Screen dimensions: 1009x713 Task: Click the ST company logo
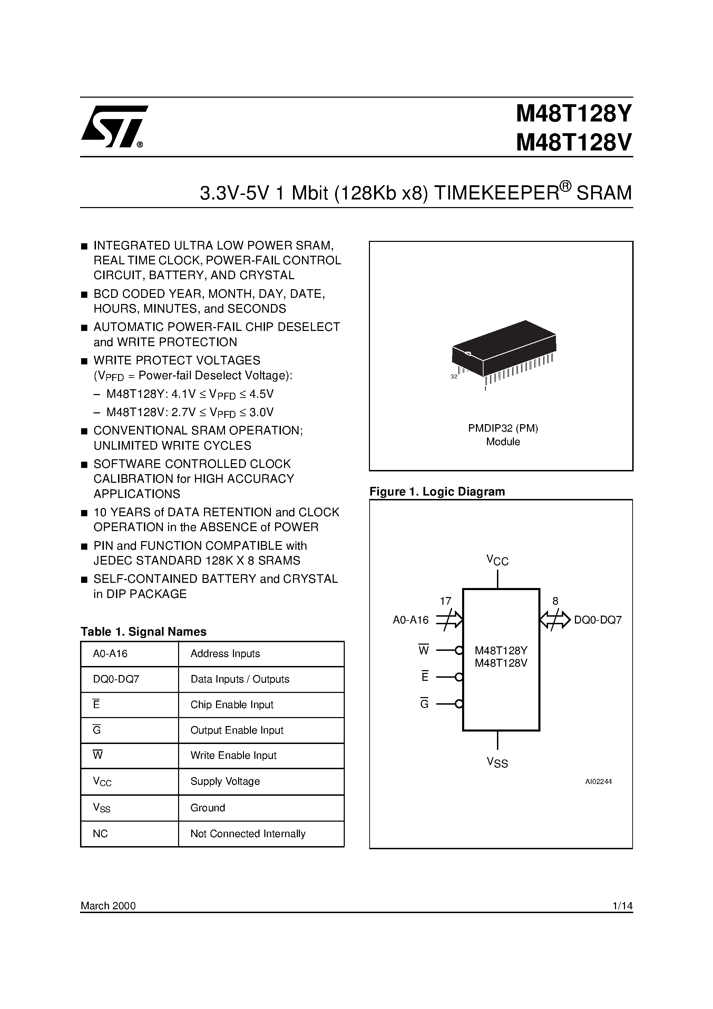(x=114, y=126)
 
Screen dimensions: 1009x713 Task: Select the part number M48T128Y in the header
(x=574, y=114)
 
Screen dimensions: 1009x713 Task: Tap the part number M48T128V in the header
(x=574, y=143)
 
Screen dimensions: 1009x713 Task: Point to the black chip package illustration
(x=504, y=347)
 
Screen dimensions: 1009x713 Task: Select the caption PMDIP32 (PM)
(x=503, y=428)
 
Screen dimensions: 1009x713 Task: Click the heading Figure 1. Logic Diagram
(x=437, y=491)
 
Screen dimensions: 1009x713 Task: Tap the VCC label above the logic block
(x=497, y=560)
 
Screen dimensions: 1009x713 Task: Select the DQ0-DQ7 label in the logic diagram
(x=598, y=620)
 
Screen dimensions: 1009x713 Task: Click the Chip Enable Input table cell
(x=232, y=705)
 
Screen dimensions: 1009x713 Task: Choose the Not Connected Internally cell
(x=247, y=834)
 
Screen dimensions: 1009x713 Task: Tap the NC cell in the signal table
(x=100, y=834)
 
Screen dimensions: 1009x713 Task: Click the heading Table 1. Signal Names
(x=143, y=632)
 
